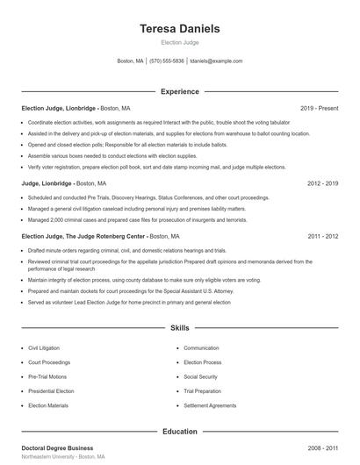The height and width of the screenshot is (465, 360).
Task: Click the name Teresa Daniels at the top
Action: pos(180,29)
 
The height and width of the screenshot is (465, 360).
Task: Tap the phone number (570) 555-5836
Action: pos(167,61)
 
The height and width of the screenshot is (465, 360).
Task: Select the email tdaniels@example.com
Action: pos(216,61)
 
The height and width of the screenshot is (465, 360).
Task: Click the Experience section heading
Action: pos(180,91)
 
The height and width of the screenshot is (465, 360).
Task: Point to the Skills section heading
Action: pos(180,328)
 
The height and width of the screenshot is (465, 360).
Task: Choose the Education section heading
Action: pos(180,432)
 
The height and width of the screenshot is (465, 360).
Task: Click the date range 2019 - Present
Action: pos(319,108)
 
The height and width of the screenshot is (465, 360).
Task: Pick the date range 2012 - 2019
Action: pos(322,183)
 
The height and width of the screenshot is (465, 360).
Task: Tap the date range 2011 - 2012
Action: pos(322,236)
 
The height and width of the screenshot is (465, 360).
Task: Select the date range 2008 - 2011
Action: pos(322,447)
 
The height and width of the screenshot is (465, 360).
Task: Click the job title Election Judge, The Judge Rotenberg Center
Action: pos(83,236)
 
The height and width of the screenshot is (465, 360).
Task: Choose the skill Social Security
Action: pos(201,376)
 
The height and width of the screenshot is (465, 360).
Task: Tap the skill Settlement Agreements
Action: pos(210,405)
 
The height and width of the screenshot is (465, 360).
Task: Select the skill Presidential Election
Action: pos(51,391)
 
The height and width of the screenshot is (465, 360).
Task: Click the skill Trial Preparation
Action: pos(202,391)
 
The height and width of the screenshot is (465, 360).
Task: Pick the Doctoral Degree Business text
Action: pos(56,447)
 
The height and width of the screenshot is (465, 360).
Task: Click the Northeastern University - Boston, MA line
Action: pos(62,457)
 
